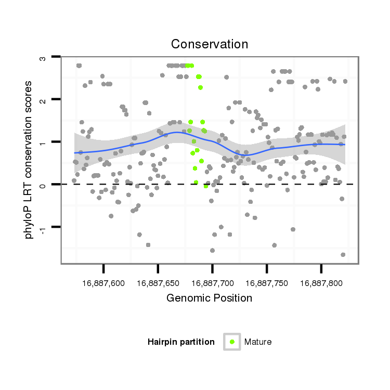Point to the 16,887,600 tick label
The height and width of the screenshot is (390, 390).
[103, 283]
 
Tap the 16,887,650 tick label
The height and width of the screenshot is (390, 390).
[158, 283]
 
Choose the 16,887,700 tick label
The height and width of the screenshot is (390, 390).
[212, 283]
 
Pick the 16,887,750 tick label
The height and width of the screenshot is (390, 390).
[267, 283]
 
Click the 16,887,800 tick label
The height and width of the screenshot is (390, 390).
[321, 283]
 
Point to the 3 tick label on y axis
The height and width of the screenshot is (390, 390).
[43, 57]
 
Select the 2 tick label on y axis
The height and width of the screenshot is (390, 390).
[43, 99]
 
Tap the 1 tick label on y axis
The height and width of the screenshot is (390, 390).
[43, 142]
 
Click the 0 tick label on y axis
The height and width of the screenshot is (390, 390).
[43, 185]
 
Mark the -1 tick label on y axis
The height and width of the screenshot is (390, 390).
[43, 228]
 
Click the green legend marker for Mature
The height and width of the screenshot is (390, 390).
[232, 342]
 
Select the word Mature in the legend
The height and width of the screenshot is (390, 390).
[258, 342]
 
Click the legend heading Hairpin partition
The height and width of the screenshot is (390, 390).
[181, 342]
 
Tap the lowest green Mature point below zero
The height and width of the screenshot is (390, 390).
[206, 186]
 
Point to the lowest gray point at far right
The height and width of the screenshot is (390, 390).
[343, 254]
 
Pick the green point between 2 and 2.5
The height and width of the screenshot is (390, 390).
[200, 87]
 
